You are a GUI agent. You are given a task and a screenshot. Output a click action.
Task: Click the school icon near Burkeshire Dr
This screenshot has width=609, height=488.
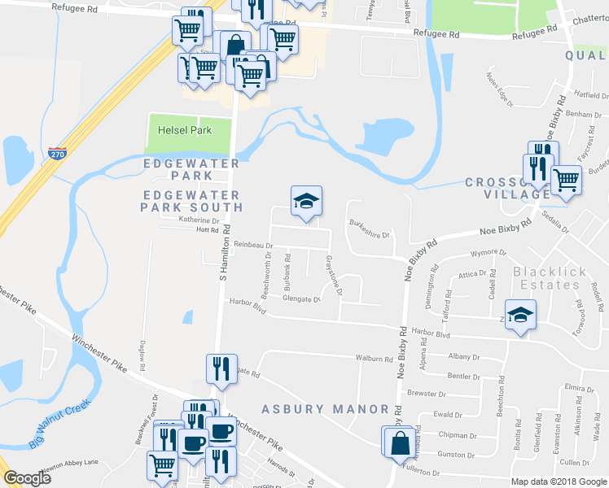306,202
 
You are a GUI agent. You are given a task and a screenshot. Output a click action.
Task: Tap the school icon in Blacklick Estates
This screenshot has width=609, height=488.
520,315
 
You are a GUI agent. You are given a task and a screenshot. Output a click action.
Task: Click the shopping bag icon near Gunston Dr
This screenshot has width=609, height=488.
401,443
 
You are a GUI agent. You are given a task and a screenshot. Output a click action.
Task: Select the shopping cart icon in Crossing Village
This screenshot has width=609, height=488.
566,180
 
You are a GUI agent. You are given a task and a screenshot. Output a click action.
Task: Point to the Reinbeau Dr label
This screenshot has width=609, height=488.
251,244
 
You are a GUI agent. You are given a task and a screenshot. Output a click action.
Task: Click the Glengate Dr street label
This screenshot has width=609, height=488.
301,298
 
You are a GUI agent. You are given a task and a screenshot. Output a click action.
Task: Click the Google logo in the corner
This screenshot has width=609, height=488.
27,478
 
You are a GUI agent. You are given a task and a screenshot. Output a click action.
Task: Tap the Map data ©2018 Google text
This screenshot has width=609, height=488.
558,481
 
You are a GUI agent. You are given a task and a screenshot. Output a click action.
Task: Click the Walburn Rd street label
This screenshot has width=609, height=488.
374,357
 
